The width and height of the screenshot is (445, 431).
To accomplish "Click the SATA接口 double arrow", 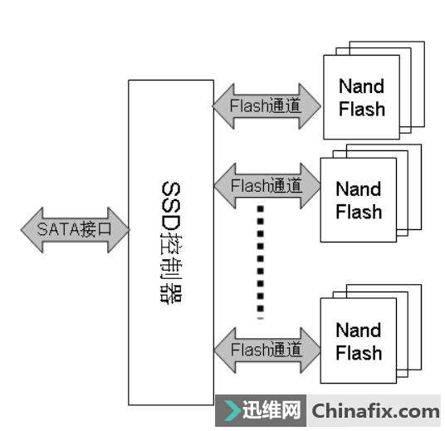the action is [76, 230].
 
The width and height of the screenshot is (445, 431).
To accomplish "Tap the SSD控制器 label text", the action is [171, 242].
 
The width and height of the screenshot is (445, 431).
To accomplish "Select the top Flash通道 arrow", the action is [267, 106].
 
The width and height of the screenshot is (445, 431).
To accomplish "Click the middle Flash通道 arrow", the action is [267, 186].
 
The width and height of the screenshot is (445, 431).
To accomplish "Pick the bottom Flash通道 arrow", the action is [267, 350].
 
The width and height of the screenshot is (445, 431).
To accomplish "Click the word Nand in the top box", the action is [362, 86].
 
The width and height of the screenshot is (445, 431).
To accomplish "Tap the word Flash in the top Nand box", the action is [362, 109].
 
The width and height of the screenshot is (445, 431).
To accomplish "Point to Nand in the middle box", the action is [359, 189].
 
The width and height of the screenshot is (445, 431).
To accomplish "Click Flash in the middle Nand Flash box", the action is [359, 212].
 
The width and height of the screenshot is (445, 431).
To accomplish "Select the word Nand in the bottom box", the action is [359, 330].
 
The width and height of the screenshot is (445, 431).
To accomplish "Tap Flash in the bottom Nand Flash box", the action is [359, 353].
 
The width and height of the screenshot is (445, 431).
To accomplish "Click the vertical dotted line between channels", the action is [260, 262].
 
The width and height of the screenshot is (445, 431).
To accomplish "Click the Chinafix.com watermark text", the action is [375, 411].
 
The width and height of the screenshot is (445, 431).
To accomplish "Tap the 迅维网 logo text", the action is [271, 410].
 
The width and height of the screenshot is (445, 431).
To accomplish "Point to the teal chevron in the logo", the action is [232, 410].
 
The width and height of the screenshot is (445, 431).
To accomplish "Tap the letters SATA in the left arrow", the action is [57, 229].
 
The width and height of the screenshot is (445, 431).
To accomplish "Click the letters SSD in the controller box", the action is [171, 207].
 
